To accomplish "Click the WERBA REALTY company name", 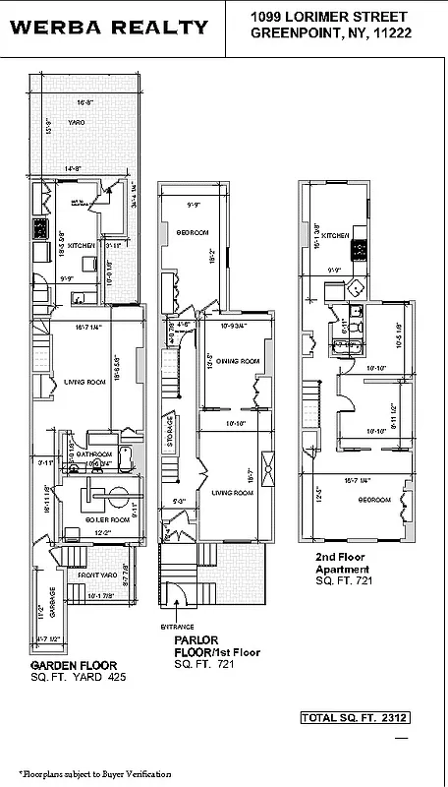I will (x=109, y=28).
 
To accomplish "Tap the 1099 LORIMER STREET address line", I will (x=330, y=16).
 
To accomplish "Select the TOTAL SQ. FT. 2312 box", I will (x=355, y=718).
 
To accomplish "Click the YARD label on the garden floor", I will (x=76, y=122).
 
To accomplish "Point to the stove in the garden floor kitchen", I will (x=42, y=230).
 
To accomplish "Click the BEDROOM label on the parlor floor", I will (x=193, y=232).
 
